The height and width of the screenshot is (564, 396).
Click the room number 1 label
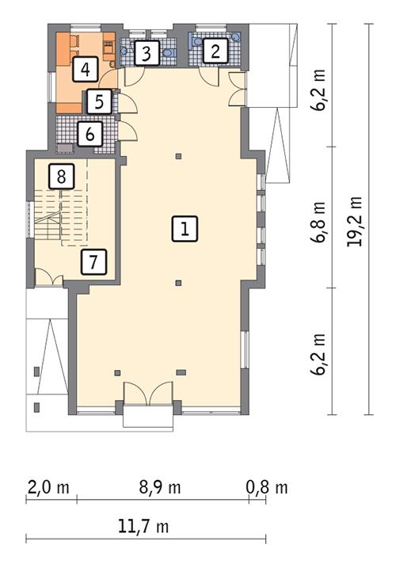coord(183,230)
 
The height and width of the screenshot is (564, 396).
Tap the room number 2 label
coord(214,52)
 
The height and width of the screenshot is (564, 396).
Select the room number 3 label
coord(146,54)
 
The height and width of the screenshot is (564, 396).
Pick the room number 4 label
coord(85,70)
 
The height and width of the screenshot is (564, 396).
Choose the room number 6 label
coord(89,133)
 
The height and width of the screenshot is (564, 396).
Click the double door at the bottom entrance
coord(147,394)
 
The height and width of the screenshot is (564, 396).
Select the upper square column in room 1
coord(179,155)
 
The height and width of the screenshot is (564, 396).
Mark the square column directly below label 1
coord(179,282)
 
